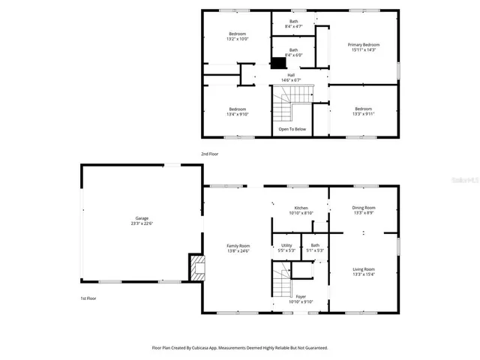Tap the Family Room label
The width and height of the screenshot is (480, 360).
[x=238, y=248]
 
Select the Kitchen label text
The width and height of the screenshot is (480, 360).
[x=301, y=210]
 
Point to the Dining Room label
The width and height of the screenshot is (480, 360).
[x=364, y=210]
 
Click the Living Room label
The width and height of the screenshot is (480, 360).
[x=364, y=271]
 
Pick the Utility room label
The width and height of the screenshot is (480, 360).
[x=286, y=247]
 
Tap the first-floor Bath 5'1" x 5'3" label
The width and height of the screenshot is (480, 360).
[x=315, y=247]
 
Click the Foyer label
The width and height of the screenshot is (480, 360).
[x=300, y=299]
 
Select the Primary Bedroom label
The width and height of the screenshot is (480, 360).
[x=364, y=47]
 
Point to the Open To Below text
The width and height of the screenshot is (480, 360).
[x=292, y=129]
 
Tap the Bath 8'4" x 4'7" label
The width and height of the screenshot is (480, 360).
[x=293, y=24]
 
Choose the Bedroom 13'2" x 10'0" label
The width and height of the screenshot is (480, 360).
[x=238, y=37]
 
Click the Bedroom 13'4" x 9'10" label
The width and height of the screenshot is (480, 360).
[x=237, y=112]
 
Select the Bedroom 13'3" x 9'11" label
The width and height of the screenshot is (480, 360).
[x=363, y=111]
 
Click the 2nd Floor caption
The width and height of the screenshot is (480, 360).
[x=209, y=154]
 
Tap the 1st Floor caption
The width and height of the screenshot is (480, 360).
[x=88, y=298]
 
